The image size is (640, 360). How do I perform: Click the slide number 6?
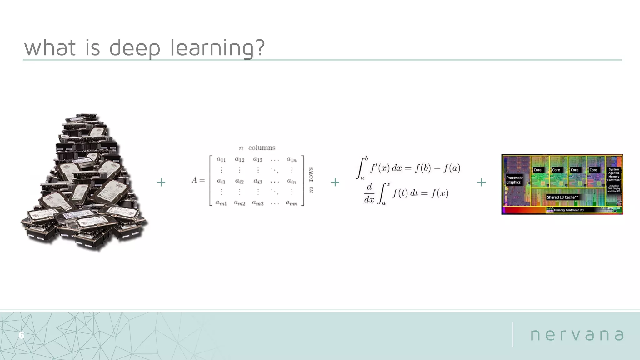pos(21,335)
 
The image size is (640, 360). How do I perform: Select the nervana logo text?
pos(577,335)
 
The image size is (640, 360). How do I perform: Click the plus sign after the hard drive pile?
pos(161,182)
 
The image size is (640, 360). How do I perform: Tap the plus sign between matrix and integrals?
pos(335,182)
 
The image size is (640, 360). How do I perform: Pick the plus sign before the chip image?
pos(481,182)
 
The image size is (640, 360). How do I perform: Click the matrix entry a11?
pos(221,160)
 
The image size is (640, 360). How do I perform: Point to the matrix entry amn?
pos(292,203)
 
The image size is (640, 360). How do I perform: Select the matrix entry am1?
pos(221,203)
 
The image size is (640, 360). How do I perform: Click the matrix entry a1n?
pos(292,160)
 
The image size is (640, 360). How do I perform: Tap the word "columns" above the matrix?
pos(262,148)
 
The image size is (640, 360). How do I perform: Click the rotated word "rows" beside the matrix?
pos(311,174)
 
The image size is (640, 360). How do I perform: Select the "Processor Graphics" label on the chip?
pos(514,180)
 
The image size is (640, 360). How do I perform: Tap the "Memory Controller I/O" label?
pos(569,210)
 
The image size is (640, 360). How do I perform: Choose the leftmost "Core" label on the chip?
pos(537,170)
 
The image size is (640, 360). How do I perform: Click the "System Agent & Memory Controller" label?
pos(614,175)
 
